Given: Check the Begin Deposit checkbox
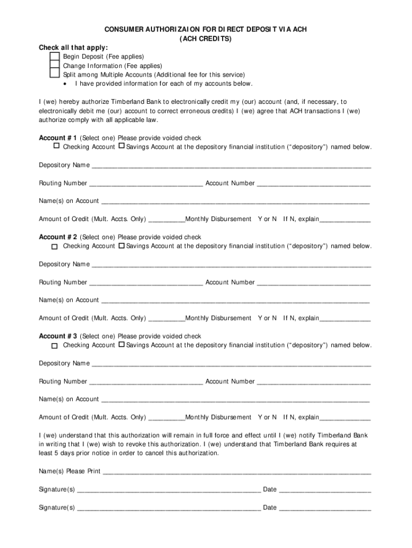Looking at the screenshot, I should tap(54, 57).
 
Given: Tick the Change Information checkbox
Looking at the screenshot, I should tap(54, 66).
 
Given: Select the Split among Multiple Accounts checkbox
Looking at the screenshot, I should tap(54, 75).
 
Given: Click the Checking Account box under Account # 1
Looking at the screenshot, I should tap(56, 146).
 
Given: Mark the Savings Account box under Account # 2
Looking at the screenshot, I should tap(121, 246).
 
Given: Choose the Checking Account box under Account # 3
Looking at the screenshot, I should tap(55, 346).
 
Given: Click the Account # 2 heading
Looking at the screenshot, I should tap(58, 237).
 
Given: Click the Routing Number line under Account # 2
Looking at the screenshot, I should tap(146, 283).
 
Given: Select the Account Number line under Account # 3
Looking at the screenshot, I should tap(314, 382).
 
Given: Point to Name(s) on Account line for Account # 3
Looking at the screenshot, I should tap(235, 400).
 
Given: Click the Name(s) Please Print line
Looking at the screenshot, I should tap(236, 472).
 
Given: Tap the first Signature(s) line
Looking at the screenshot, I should tap(169, 490).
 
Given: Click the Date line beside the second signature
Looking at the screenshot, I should tap(325, 508).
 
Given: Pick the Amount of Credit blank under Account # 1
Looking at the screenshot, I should tap(166, 220).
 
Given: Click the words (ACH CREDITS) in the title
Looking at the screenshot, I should tap(206, 39).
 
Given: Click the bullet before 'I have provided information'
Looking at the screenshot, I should tap(65, 84).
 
